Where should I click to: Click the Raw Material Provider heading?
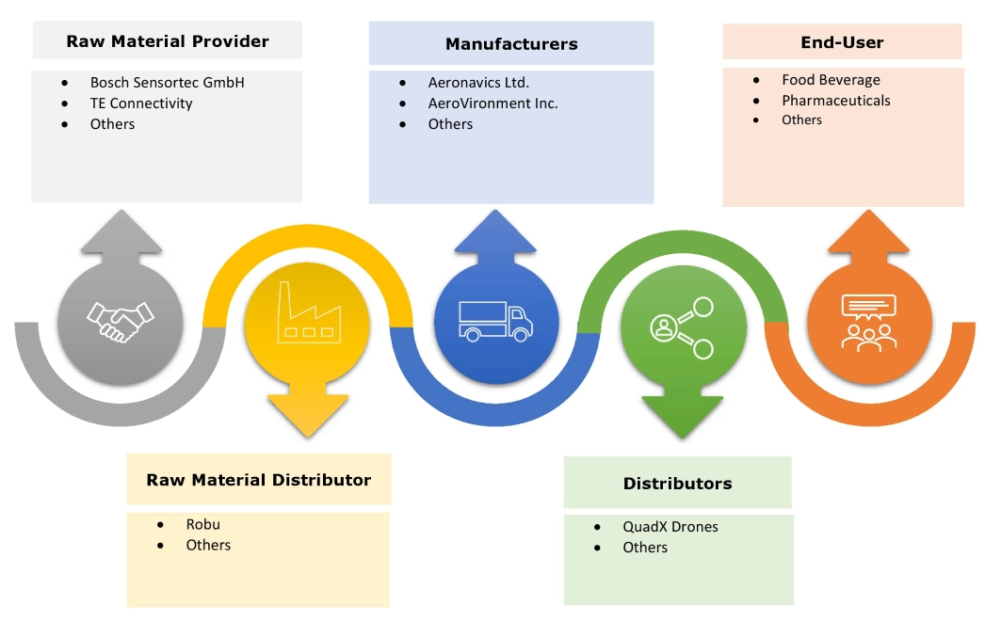pyautogui.click(x=167, y=41)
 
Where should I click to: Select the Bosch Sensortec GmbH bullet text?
pyautogui.click(x=167, y=83)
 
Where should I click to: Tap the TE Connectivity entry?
pyautogui.click(x=141, y=103)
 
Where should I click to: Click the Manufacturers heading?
pyautogui.click(x=511, y=44)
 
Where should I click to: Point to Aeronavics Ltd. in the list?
pyautogui.click(x=478, y=83)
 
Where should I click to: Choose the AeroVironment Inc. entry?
pyautogui.click(x=492, y=103)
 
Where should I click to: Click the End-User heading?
pyautogui.click(x=842, y=42)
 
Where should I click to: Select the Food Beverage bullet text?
pyautogui.click(x=831, y=80)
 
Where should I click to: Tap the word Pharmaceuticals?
pyautogui.click(x=835, y=101)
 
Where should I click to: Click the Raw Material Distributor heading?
pyautogui.click(x=259, y=480)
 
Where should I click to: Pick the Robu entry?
pyautogui.click(x=202, y=524)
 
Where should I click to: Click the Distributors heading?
pyautogui.click(x=677, y=484)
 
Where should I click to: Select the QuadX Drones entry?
pyautogui.click(x=670, y=527)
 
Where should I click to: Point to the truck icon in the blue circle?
pyautogui.click(x=495, y=320)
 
